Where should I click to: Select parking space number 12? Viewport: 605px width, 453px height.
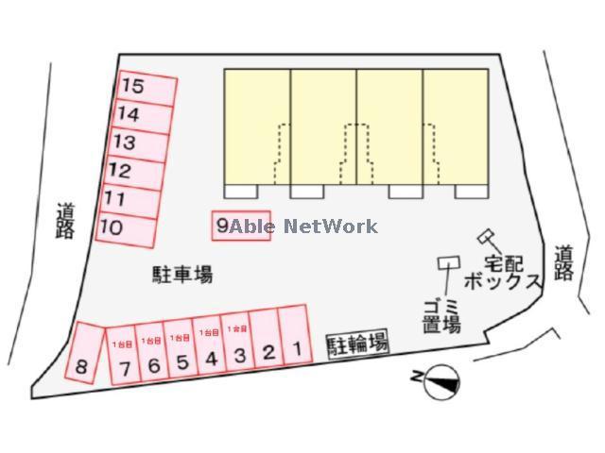pyautogui.click(x=133, y=173)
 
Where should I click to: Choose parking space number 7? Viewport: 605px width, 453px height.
pyautogui.click(x=125, y=358)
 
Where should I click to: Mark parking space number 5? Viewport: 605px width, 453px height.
pyautogui.click(x=182, y=353)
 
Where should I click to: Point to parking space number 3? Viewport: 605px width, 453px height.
pyautogui.click(x=240, y=349)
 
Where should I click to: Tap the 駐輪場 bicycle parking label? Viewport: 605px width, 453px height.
pyautogui.click(x=358, y=344)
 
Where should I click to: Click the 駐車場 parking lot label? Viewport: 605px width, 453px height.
pyautogui.click(x=182, y=275)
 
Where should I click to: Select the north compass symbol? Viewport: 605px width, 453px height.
pyautogui.click(x=439, y=382)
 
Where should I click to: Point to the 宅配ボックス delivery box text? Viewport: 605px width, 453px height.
pyautogui.click(x=501, y=270)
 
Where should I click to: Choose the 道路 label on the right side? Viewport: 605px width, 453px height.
pyautogui.click(x=564, y=263)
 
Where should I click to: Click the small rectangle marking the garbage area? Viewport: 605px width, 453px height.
pyautogui.click(x=446, y=262)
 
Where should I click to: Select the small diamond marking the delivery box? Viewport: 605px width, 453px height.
pyautogui.click(x=487, y=235)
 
